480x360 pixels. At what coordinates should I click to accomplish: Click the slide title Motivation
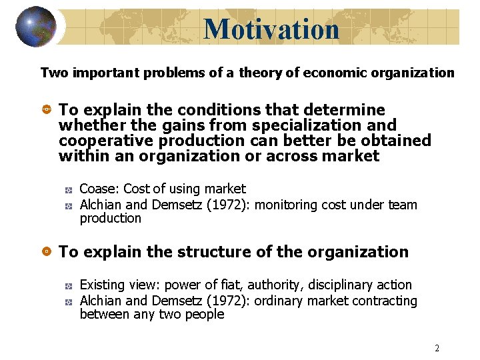[271, 29]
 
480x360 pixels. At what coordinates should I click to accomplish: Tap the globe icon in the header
[36, 27]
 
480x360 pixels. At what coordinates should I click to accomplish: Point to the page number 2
[437, 348]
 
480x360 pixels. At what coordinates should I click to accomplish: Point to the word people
[205, 314]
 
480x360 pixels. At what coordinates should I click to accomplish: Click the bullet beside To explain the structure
[47, 252]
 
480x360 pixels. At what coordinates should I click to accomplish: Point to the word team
[402, 205]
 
